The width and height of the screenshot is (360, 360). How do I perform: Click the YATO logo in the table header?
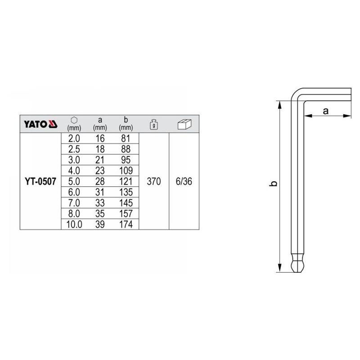40,124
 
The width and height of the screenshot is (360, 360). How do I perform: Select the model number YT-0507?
40,181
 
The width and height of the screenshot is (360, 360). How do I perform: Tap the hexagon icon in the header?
74,120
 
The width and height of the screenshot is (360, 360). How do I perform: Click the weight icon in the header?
154,124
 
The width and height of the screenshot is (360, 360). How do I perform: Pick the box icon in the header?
184,124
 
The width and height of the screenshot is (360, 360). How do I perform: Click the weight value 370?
154,181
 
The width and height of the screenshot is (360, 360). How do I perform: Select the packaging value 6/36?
184,181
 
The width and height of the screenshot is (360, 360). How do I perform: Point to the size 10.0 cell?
74,224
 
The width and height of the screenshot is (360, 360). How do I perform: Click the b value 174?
126,224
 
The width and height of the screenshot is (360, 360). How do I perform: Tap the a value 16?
100,139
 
